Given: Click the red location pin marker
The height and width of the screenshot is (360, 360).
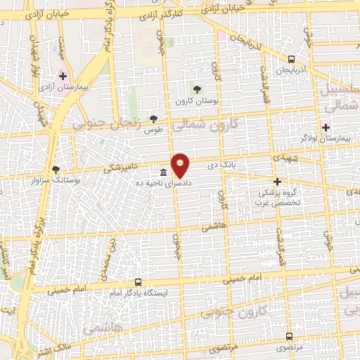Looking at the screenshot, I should point(181,165).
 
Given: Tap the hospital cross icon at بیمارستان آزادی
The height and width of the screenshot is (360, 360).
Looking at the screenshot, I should point(63,75).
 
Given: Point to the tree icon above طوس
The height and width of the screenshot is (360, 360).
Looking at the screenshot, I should point(153,120).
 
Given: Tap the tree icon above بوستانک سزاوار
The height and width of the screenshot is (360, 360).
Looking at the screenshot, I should point(56,169).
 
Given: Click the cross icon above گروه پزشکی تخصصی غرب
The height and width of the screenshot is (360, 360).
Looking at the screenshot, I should point(277,181).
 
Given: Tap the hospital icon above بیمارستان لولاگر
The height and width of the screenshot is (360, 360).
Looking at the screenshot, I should point(325,127).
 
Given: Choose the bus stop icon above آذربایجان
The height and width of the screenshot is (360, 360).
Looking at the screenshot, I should point(291,59).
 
